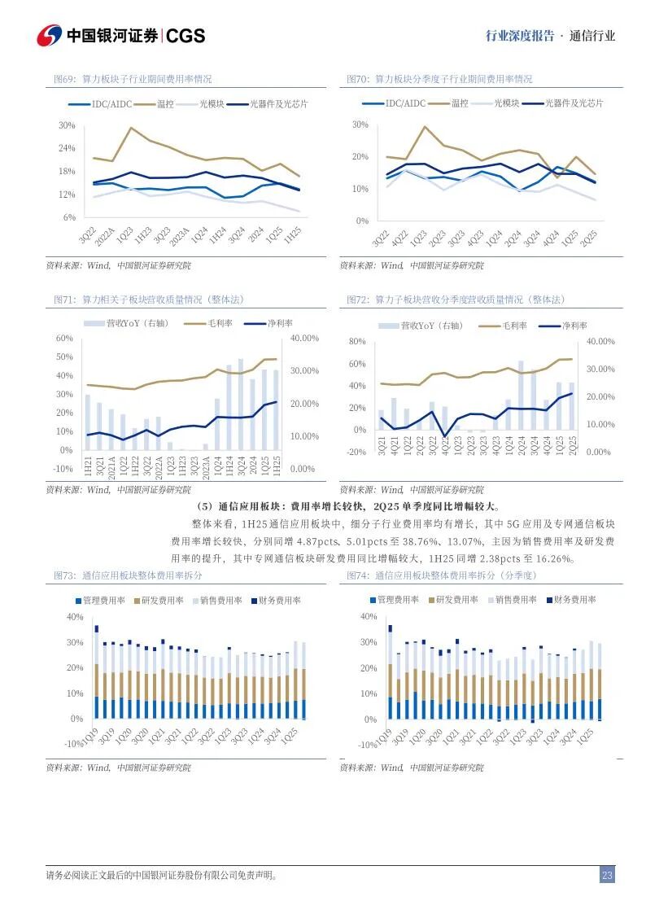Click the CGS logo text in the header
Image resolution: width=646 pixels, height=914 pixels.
click(x=185, y=36)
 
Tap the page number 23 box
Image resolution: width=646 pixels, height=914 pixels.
click(x=607, y=875)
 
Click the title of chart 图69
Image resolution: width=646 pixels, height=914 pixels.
click(x=132, y=79)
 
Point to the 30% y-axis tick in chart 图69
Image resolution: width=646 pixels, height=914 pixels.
click(x=67, y=126)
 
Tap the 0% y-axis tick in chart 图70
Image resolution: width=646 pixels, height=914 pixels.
click(x=361, y=221)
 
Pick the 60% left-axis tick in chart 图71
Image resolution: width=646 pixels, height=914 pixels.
click(x=64, y=339)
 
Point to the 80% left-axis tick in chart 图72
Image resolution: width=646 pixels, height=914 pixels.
click(x=358, y=342)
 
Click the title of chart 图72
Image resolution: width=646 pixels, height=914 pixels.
click(x=456, y=300)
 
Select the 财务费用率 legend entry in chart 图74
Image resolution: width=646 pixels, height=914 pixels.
click(x=574, y=600)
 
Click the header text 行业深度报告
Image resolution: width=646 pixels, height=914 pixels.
click(x=520, y=36)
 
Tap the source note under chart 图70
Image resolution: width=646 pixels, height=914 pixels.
click(x=411, y=265)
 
